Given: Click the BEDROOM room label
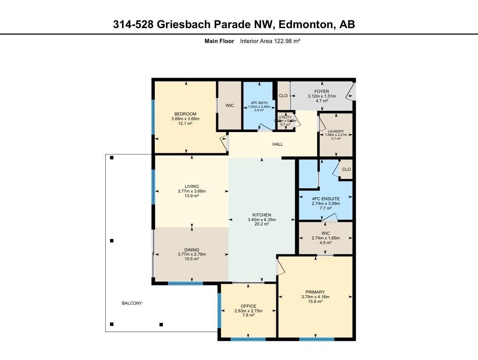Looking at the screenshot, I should coord(185,114).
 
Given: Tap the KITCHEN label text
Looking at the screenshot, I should coord(261,215).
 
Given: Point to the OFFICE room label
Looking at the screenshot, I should coord(248,306).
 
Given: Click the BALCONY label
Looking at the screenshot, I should coord(132,303).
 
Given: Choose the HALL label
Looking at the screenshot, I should coord(278,144).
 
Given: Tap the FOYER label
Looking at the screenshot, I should coord(322,91).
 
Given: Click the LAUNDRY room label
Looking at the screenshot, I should coord(336,131).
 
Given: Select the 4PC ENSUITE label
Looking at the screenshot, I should coord(326,199).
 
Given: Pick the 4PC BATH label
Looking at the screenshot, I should coord(259,103).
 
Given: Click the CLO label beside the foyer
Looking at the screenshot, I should coord(283,96).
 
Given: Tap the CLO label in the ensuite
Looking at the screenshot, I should coord(346,169).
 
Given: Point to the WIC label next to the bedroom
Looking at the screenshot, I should coord(230,106).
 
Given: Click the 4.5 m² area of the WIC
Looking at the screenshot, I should coord(326,243).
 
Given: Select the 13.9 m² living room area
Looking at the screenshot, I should coord(192,196).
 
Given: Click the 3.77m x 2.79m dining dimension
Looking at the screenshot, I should coord(192,254).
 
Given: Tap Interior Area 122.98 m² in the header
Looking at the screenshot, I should coord(270,41).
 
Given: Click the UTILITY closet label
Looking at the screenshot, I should coord(285,117).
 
